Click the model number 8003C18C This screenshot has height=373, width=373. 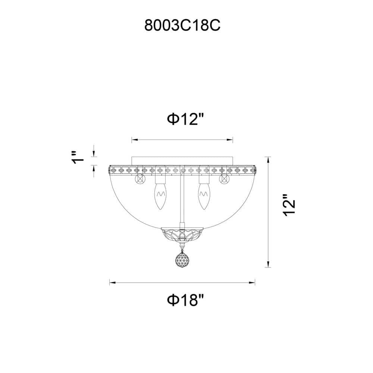pyautogui.click(x=182, y=25)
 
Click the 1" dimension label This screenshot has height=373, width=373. pyautogui.click(x=78, y=157)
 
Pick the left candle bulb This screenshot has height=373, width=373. pyautogui.click(x=160, y=197)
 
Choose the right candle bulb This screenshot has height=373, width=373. pyautogui.click(x=204, y=197)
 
